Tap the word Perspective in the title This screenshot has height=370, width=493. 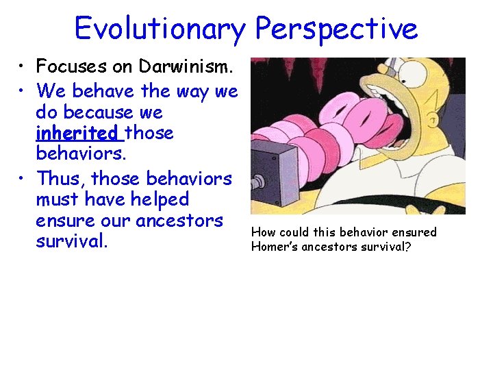(x=336, y=29)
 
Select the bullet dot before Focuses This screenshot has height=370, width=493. (x=23, y=67)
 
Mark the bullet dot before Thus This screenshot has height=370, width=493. (x=23, y=179)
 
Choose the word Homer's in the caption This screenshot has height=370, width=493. (x=275, y=247)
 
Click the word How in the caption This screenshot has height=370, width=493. (x=262, y=232)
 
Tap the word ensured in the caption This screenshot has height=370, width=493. (x=412, y=232)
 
